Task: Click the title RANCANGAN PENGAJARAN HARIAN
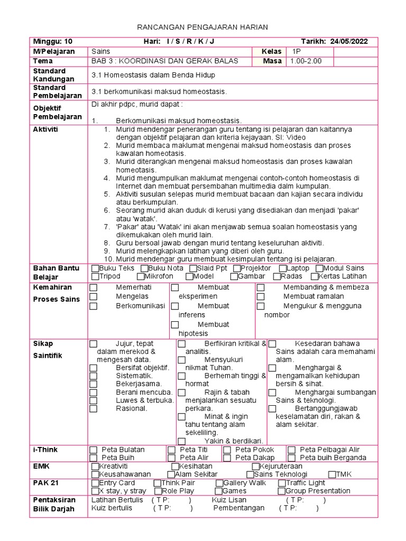203,27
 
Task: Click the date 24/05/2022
349,42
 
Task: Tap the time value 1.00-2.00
306,61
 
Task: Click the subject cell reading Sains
101,51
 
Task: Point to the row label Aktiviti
46,129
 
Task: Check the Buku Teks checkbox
95,268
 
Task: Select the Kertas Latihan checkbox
315,276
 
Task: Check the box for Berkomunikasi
94,306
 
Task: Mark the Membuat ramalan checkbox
261,297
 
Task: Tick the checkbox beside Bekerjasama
94,384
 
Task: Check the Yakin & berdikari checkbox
181,441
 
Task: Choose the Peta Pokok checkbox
227,450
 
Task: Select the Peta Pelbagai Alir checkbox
291,450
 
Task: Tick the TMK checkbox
332,474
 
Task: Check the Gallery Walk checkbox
219,483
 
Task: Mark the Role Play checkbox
157,491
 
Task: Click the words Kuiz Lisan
229,500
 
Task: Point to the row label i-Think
45,450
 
